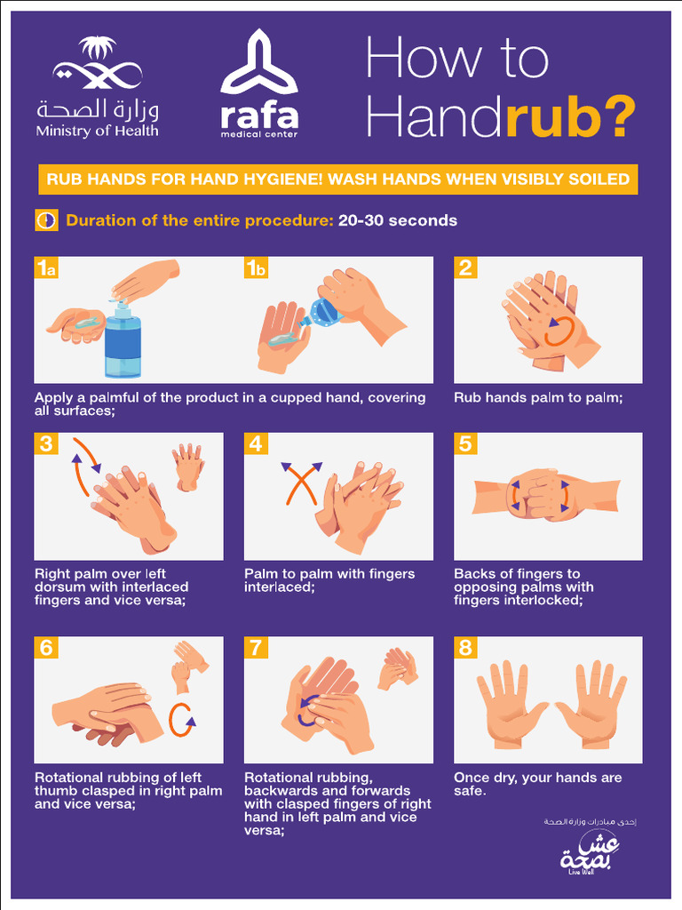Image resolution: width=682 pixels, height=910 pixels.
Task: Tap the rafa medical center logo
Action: click(x=259, y=85)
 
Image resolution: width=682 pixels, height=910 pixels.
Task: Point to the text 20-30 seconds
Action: click(x=397, y=220)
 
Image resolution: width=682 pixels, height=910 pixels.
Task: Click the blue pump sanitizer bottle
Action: click(x=123, y=342)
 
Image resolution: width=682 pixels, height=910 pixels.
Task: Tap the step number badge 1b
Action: click(x=256, y=268)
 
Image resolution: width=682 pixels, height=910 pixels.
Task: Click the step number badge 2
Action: click(x=465, y=268)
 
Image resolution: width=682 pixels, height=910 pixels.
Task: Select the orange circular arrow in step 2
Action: click(x=558, y=330)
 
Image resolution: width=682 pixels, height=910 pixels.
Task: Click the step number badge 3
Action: click(x=46, y=443)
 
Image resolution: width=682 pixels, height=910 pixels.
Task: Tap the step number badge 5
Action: click(x=465, y=443)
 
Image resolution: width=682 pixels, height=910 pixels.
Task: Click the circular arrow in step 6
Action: click(x=182, y=718)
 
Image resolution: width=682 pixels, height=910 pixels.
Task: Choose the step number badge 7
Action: click(x=256, y=648)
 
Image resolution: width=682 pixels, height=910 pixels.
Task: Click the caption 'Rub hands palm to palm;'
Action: click(x=538, y=398)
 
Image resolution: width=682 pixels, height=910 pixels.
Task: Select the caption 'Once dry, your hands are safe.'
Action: click(x=537, y=784)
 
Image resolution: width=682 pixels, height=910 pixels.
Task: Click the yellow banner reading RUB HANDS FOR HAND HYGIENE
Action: click(x=337, y=180)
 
